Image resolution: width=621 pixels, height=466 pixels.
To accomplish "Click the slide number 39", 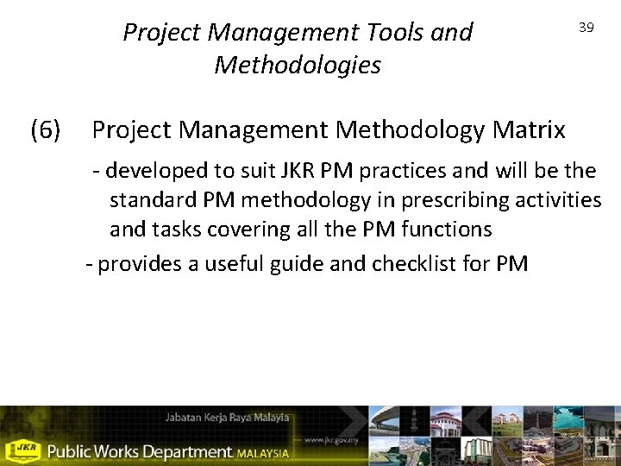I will pyautogui.click(x=586, y=28).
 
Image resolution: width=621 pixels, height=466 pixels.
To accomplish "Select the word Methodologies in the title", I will pyautogui.click(x=298, y=65).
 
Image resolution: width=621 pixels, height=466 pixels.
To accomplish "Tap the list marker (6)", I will pyautogui.click(x=45, y=130).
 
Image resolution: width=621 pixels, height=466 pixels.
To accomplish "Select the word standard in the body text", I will pyautogui.click(x=153, y=201).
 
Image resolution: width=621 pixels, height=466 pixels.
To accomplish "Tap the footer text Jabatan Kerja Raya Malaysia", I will pyautogui.click(x=228, y=419).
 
